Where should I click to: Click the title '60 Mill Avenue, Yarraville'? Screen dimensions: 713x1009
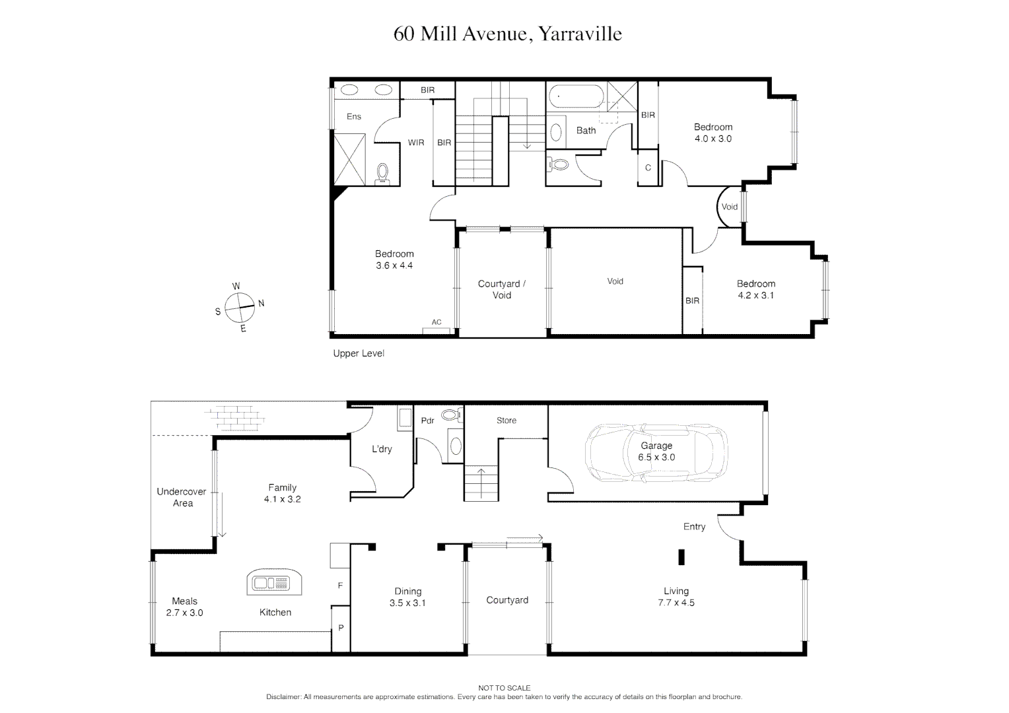click(507, 34)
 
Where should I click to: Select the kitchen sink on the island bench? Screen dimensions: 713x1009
click(273, 583)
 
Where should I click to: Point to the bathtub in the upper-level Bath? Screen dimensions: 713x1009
click(574, 96)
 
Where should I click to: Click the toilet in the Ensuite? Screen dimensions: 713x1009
click(383, 173)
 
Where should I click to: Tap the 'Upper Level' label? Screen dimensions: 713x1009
click(359, 354)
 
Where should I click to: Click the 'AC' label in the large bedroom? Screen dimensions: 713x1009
click(436, 322)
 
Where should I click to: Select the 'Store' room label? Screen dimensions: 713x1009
click(506, 421)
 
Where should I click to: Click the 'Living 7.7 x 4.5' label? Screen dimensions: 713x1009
click(676, 597)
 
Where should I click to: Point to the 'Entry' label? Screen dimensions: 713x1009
click(694, 527)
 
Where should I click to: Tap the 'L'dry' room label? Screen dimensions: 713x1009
click(382, 449)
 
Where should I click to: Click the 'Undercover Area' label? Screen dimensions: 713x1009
click(182, 497)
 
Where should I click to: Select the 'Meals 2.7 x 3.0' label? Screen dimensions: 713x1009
click(184, 607)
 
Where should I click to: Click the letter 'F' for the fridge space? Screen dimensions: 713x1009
click(341, 586)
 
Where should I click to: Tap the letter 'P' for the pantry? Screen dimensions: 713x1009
click(341, 628)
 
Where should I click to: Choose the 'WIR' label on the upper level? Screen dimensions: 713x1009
click(416, 143)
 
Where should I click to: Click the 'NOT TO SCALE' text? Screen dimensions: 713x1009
click(505, 688)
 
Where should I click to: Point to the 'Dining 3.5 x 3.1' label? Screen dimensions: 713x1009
click(407, 597)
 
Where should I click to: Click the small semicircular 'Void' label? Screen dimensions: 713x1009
click(729, 207)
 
